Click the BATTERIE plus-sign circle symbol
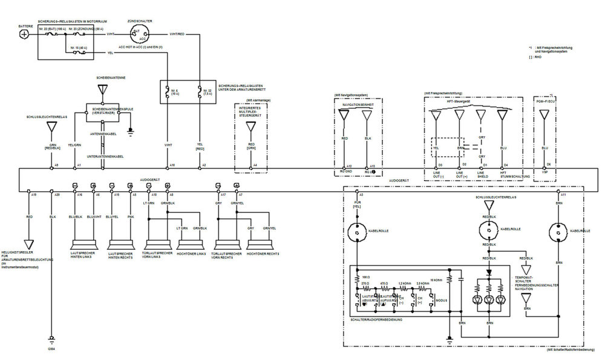click(x=24, y=34)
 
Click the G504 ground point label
click(x=51, y=350)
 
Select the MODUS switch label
click(x=442, y=299)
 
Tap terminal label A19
click(x=34, y=194)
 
